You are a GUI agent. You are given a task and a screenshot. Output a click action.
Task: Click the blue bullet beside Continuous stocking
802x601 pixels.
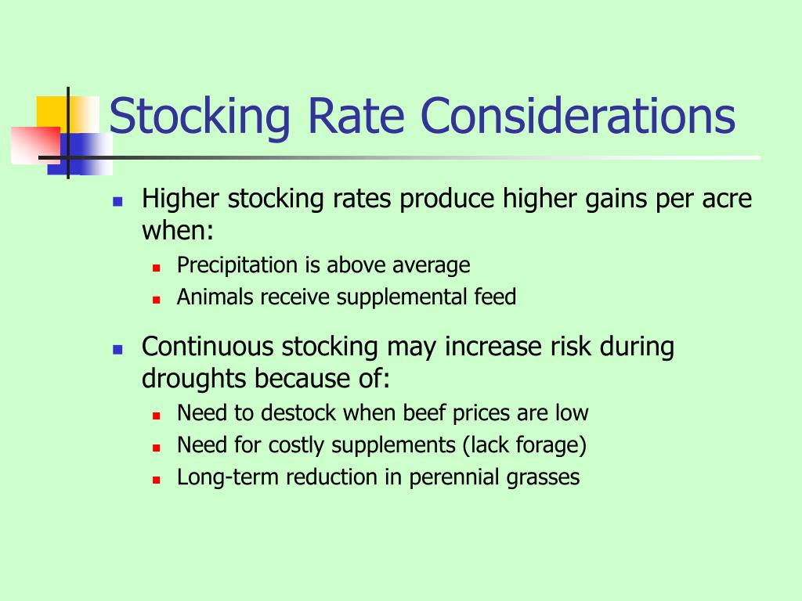point(117,348)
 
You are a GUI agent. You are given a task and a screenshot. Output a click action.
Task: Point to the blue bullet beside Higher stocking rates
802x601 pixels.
point(117,200)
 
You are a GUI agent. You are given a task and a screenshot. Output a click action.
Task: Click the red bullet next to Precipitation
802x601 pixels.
point(156,267)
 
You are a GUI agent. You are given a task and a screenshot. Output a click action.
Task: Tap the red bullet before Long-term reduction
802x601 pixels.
point(156,479)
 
